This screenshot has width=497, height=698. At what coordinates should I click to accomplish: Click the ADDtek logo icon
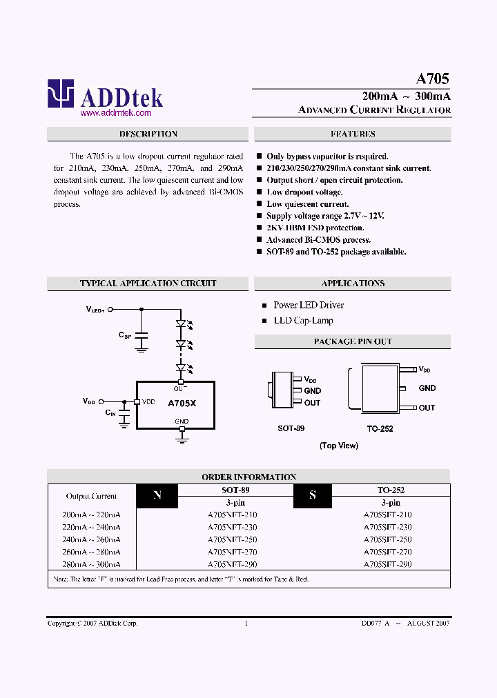(x=60, y=93)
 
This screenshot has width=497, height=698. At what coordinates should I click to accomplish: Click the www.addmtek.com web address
(x=116, y=112)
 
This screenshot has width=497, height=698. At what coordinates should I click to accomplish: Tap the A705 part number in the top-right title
(x=433, y=79)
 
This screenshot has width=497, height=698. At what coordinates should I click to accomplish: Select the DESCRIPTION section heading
(x=148, y=134)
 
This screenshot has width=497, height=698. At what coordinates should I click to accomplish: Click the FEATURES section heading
(x=353, y=134)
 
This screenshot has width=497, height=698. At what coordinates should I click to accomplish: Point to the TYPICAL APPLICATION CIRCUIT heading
(x=148, y=283)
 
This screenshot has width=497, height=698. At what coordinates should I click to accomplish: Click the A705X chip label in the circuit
(x=182, y=403)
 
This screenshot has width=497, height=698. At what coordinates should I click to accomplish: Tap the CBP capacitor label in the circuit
(x=124, y=335)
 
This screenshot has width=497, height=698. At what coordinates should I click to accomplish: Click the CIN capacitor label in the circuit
(x=110, y=412)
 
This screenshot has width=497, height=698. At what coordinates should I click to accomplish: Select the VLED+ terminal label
(x=95, y=310)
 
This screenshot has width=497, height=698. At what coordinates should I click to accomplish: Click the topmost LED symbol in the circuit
(x=182, y=323)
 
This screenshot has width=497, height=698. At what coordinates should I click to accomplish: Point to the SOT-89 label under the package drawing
(x=291, y=428)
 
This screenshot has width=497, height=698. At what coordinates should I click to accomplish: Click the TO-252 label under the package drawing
(x=380, y=428)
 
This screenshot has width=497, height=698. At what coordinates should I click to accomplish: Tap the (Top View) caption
(x=338, y=446)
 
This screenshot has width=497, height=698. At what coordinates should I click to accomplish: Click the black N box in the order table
(x=157, y=495)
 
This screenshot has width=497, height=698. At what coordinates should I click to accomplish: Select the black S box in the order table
(x=313, y=495)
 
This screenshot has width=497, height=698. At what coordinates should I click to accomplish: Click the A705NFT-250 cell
(x=232, y=539)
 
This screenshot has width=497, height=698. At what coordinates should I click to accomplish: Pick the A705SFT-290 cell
(x=387, y=564)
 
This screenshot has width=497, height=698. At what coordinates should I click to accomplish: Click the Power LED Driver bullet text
(x=308, y=305)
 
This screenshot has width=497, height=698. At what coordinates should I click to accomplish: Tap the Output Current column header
(x=92, y=496)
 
